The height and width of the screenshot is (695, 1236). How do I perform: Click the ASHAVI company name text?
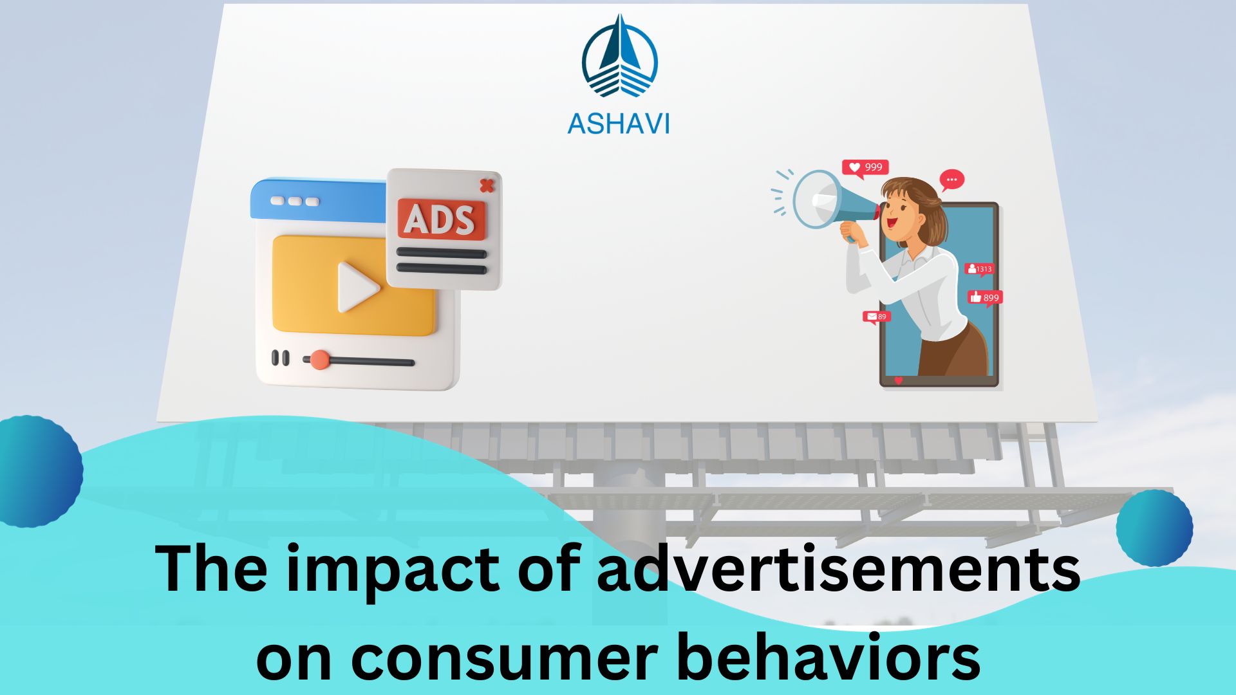(618, 123)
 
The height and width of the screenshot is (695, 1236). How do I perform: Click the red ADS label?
(441, 219)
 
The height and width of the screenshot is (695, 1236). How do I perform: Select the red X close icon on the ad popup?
(487, 185)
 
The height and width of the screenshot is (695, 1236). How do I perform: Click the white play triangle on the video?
(356, 286)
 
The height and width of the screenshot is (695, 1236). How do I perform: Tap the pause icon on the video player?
(280, 358)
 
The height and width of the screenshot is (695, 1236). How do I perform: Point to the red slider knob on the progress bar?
(319, 360)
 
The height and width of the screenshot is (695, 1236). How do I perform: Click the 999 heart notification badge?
(865, 167)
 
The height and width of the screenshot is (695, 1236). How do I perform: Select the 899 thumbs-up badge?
(985, 297)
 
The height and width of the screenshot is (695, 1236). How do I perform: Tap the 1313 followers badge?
(979, 269)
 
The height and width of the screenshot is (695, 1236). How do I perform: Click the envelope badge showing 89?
(876, 317)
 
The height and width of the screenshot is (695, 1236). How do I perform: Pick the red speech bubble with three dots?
(951, 180)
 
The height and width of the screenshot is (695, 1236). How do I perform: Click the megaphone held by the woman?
(827, 201)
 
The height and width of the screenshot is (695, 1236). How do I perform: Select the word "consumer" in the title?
(503, 658)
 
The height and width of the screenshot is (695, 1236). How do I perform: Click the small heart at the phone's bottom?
(899, 380)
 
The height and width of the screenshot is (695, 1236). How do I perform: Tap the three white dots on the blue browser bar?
(294, 201)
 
